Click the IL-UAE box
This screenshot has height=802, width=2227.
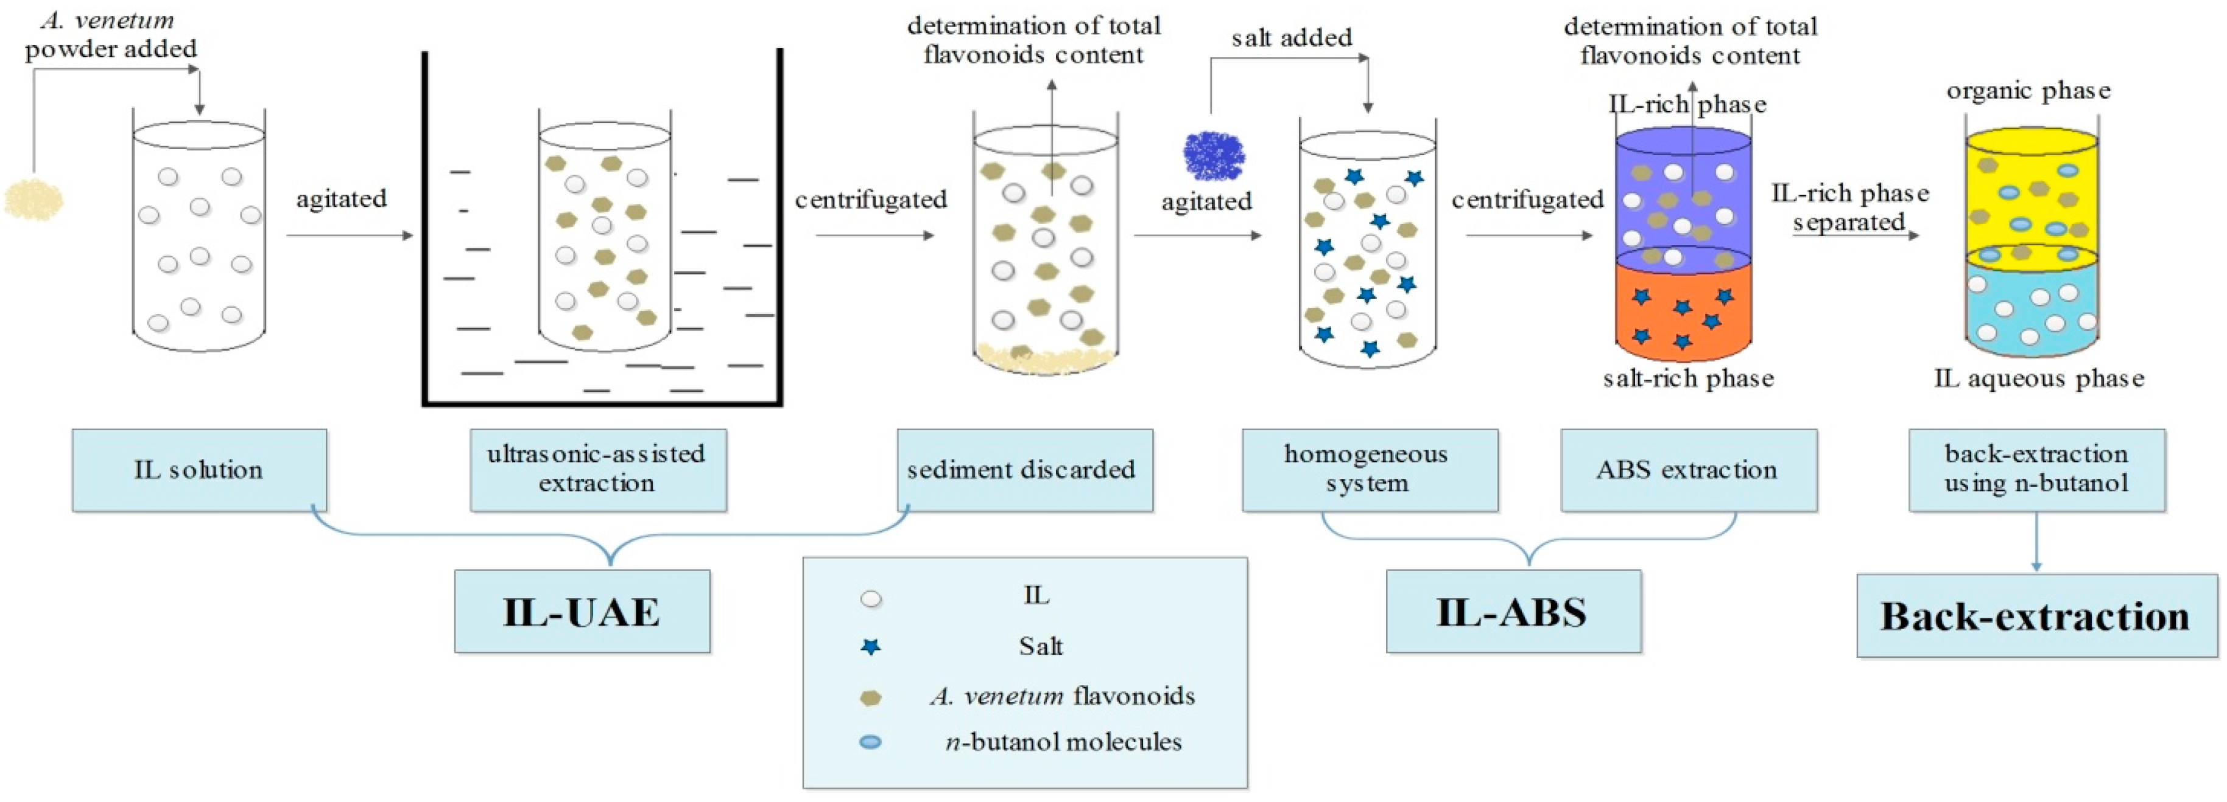coord(582,611)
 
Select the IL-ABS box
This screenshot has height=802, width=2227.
coord(1513,611)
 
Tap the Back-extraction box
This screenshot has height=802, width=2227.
coord(2036,615)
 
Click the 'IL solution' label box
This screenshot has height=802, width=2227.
coord(199,469)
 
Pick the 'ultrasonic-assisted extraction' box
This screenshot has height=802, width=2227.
coord(597,469)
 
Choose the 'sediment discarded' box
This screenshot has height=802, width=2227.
coord(1024,469)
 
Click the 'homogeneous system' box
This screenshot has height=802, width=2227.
coord(1370,469)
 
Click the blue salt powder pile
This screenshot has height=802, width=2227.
coord(1214,156)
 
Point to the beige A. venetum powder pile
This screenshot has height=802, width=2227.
coord(33,200)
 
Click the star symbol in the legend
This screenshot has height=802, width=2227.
coord(871,646)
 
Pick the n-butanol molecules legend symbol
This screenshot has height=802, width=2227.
coord(871,742)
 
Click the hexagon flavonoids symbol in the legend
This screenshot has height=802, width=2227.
coord(871,697)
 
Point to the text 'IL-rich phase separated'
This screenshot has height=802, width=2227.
coord(1850,207)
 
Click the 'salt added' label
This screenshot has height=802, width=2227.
coord(1292,38)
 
